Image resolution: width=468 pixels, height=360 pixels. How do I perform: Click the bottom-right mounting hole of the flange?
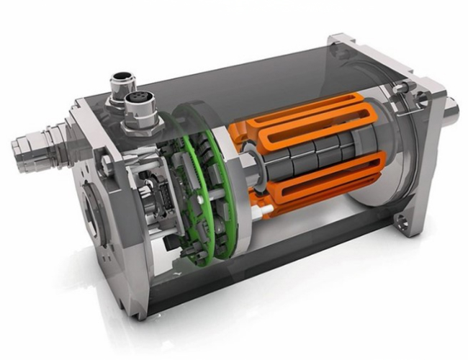[400, 218]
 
